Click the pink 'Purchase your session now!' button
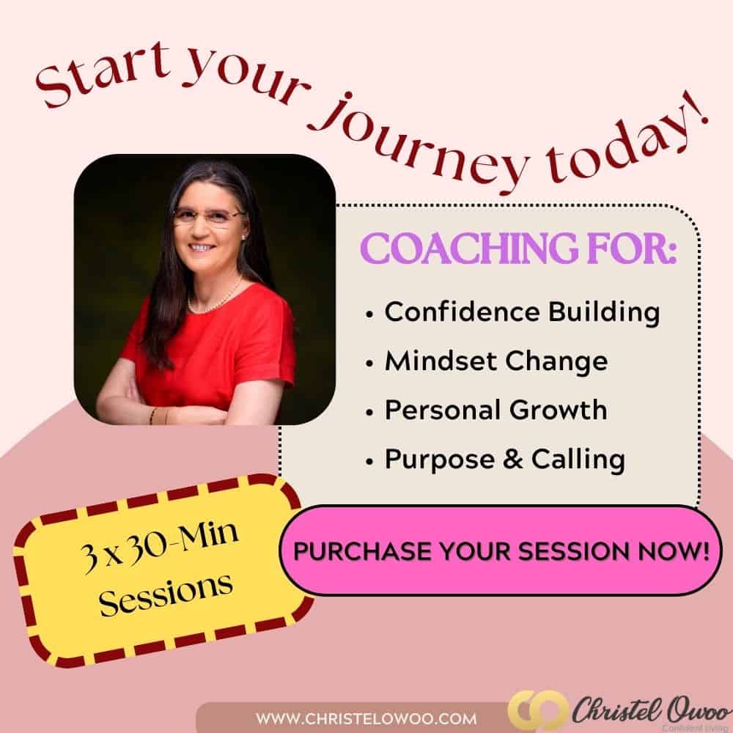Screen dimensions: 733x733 click(501, 550)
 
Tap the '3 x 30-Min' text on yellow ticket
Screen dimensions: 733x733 click(159, 547)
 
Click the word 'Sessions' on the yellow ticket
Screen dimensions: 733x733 click(166, 593)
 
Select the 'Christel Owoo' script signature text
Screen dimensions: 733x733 click(649, 710)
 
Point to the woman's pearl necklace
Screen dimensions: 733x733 click(215, 296)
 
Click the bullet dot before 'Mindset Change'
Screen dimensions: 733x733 click(369, 364)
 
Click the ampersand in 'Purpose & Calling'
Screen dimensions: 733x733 click(513, 459)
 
